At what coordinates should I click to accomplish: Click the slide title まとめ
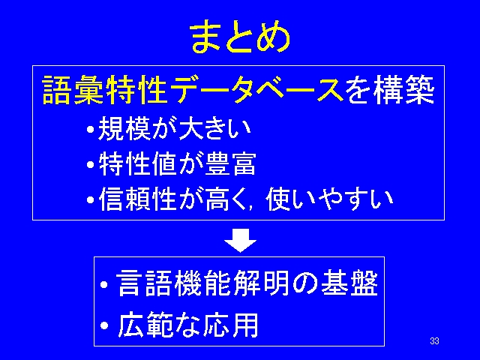coord(240,37)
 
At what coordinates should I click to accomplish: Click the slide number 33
coord(434,341)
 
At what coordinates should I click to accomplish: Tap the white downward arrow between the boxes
coord(240,240)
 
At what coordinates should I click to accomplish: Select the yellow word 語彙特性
coord(105,90)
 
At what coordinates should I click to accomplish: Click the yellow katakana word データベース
coord(256,90)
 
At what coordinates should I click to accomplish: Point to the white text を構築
coord(390,90)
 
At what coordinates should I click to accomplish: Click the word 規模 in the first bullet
coord(124,129)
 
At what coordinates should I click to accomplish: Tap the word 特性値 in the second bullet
coord(138,163)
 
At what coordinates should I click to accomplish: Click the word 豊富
coord(230,163)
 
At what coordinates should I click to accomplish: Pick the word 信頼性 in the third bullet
coord(138,199)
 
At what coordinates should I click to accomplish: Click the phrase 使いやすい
coord(328,199)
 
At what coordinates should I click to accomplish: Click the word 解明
coord(261,283)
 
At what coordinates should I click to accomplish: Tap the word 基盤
coord(349,283)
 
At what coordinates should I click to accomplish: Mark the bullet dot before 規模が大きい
coord(90,129)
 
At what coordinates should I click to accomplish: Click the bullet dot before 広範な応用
coord(104,325)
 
